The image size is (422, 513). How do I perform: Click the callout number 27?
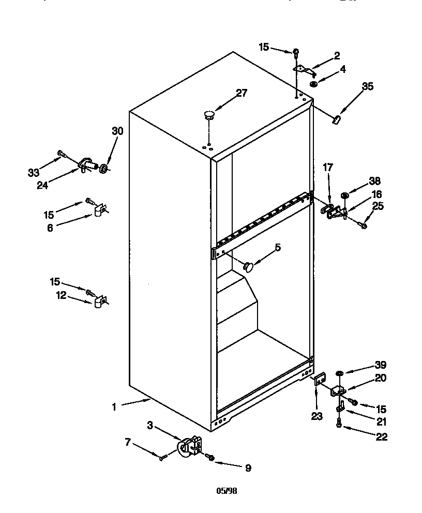pyautogui.click(x=242, y=93)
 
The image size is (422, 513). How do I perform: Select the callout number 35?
pyautogui.click(x=367, y=86)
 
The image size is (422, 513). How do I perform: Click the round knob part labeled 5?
pyautogui.click(x=249, y=267)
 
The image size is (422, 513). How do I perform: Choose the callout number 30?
pyautogui.click(x=117, y=131)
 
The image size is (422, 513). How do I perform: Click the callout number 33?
pyautogui.click(x=34, y=173)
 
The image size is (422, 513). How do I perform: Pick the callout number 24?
pyautogui.click(x=42, y=185)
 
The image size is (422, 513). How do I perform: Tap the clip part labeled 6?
pyautogui.click(x=100, y=210)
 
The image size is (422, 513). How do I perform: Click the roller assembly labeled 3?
pyautogui.click(x=189, y=446)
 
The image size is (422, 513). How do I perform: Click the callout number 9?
pyautogui.click(x=248, y=468)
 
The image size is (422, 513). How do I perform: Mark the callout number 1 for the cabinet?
pyautogui.click(x=114, y=407)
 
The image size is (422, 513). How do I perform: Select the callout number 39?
pyautogui.click(x=380, y=365)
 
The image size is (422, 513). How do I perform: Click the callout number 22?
pyautogui.click(x=382, y=437)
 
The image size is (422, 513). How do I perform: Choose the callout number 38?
pyautogui.click(x=374, y=181)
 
